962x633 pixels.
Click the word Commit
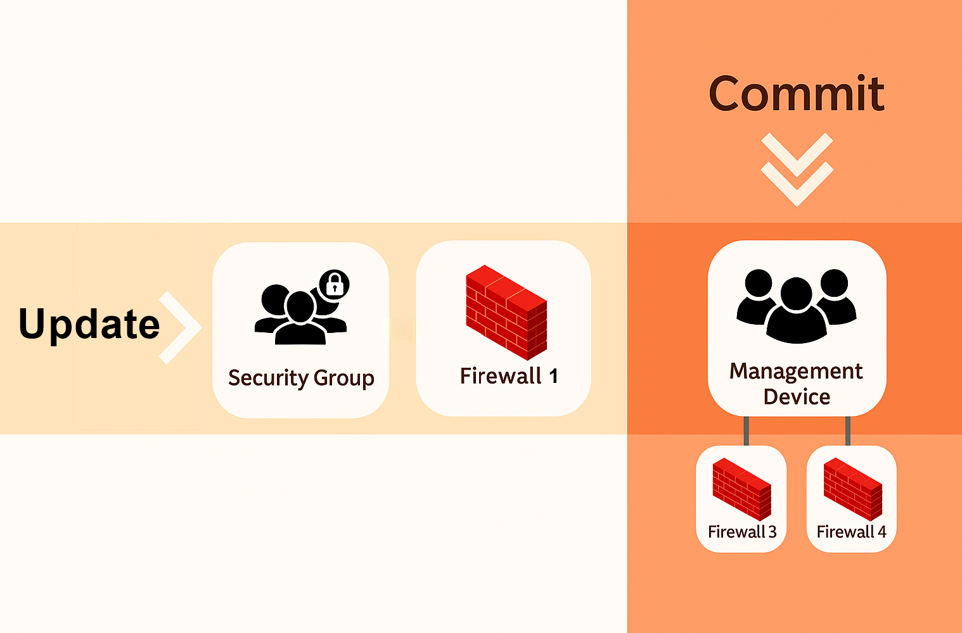click(x=796, y=94)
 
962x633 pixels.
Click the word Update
click(x=89, y=324)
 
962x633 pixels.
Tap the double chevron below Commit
click(x=797, y=169)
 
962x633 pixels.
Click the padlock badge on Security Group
click(x=335, y=285)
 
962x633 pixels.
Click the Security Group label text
click(x=301, y=378)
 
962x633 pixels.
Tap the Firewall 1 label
click(x=509, y=376)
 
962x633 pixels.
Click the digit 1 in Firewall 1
click(x=553, y=376)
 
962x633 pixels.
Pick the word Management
click(x=796, y=371)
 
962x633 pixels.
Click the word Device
click(x=797, y=397)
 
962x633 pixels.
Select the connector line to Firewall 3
click(x=747, y=431)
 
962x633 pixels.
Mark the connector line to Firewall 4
click(x=848, y=431)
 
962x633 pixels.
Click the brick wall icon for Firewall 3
click(x=741, y=489)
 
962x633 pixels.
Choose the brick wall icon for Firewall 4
click(x=852, y=489)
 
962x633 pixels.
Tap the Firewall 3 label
click(x=742, y=532)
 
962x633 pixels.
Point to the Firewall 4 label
click(x=852, y=532)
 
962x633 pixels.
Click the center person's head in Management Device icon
click(x=797, y=293)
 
